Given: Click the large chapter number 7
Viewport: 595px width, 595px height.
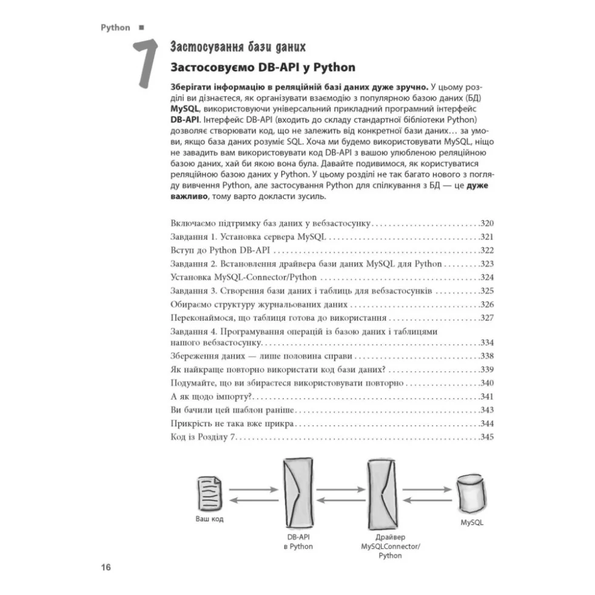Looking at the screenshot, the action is coord(146,63).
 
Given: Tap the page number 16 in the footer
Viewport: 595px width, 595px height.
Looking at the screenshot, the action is coord(106,567).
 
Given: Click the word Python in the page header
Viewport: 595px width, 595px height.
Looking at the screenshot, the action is coord(115,28).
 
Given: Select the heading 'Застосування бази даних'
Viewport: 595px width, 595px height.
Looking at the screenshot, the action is coord(238,47).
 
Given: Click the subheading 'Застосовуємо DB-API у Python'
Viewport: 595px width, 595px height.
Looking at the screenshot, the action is coord(263,67).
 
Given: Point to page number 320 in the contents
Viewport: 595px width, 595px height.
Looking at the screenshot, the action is coord(487,223).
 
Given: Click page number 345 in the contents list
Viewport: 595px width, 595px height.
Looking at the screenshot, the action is coord(487,437).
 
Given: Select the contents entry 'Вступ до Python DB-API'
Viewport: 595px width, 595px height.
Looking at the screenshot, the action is coord(220,250).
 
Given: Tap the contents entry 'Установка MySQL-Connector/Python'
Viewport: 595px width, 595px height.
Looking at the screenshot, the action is coord(244,277).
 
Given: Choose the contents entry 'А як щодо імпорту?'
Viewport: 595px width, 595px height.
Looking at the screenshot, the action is coord(211,397).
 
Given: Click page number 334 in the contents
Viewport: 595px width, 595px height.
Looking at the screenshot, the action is coord(487,342).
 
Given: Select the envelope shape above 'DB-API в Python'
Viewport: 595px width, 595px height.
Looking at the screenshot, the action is coord(298,492).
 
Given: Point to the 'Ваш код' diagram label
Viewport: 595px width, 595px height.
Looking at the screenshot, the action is coord(209,519).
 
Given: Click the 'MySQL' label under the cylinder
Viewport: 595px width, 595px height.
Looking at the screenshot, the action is coord(472,523).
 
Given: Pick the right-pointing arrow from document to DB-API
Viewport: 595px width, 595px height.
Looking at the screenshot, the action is coord(254,489).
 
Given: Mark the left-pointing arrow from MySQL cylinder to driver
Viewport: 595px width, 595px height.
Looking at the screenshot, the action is coord(427,500).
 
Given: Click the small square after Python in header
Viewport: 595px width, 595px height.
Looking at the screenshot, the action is coord(141,27).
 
